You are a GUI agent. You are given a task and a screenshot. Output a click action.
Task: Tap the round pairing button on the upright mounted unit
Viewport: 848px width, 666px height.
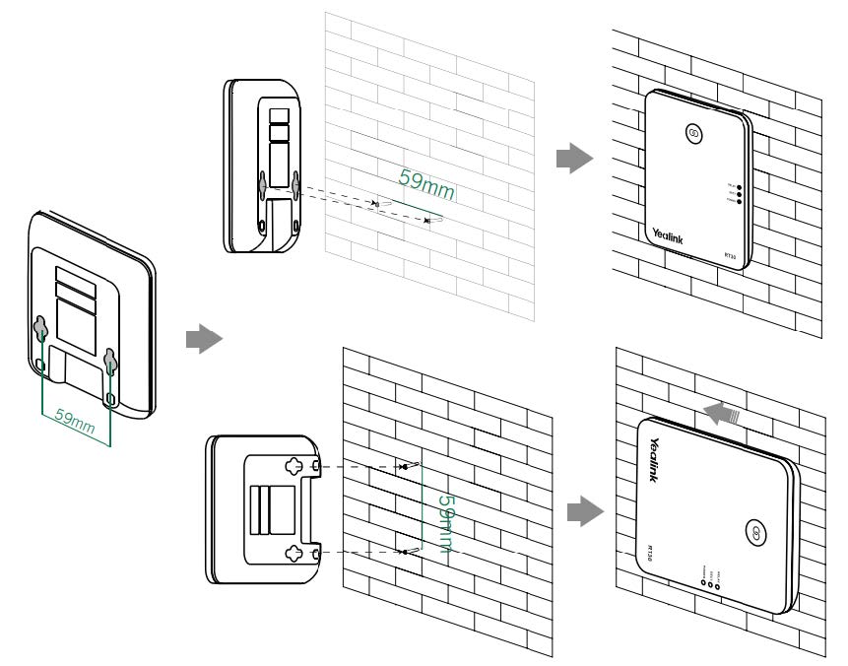pos(691,134)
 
